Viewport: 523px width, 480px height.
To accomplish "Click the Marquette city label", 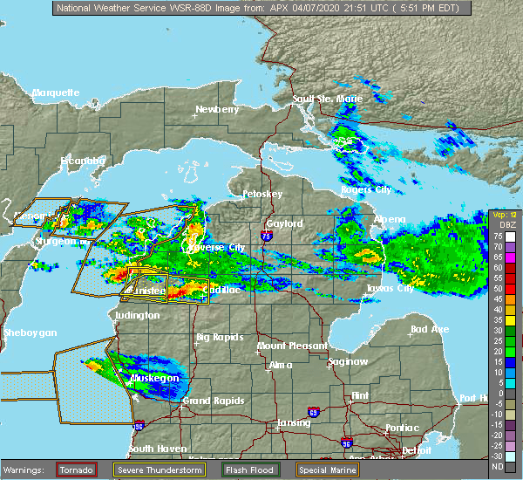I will pos(56,93).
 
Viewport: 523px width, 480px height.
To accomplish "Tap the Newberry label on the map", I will pos(217,110).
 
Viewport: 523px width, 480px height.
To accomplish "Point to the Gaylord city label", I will pos(285,224).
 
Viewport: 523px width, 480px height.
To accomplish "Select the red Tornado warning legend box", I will pos(77,470).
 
